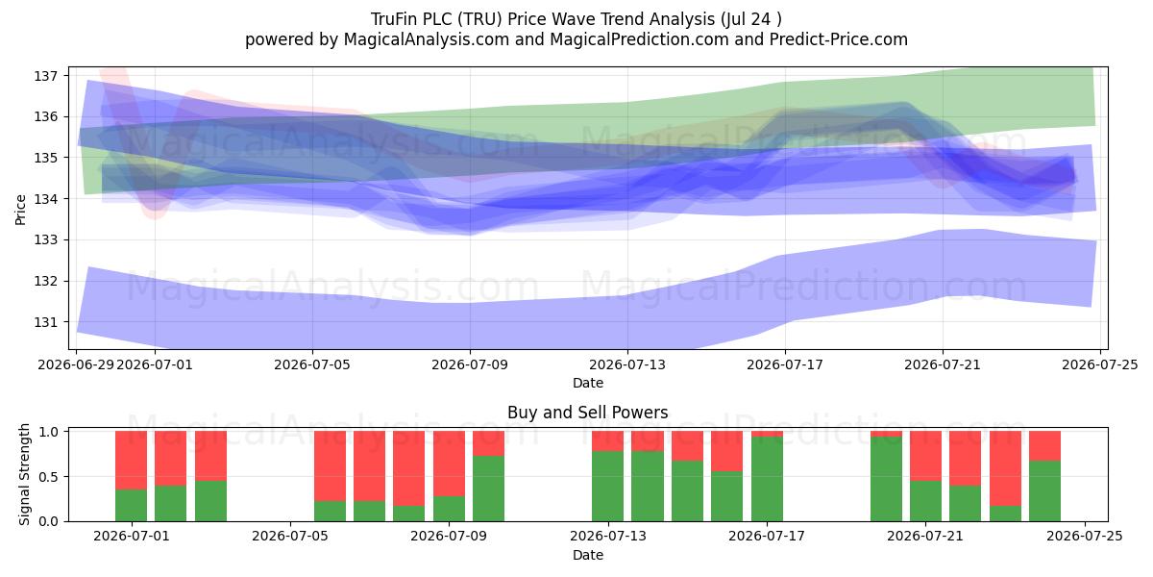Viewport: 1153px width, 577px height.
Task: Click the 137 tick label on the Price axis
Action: [46, 76]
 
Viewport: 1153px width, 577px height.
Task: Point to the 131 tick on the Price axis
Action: [46, 322]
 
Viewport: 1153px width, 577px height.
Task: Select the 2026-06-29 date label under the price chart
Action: [76, 364]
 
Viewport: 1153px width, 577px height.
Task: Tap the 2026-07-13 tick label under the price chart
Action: [626, 364]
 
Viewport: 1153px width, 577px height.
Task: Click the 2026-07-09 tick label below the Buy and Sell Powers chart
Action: [449, 536]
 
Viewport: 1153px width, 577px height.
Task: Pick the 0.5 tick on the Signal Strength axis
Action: [48, 477]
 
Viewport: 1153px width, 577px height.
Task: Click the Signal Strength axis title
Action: [24, 474]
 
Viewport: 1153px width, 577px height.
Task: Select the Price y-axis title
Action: [20, 210]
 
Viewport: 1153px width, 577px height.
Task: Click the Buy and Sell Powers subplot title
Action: [588, 413]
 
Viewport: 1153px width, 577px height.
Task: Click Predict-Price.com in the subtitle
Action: [839, 39]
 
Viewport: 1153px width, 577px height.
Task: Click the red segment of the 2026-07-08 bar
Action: [408, 468]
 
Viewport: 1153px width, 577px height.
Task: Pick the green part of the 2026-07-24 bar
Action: [1045, 491]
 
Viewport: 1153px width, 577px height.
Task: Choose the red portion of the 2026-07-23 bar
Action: [1005, 468]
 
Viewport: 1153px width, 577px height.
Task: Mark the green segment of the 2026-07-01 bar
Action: [131, 506]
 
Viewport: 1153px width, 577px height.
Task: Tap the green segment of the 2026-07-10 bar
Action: [488, 489]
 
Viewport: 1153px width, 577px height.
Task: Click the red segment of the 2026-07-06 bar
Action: [330, 466]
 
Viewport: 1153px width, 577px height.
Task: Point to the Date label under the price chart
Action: [588, 383]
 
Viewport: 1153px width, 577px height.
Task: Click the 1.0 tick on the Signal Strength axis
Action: [48, 431]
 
